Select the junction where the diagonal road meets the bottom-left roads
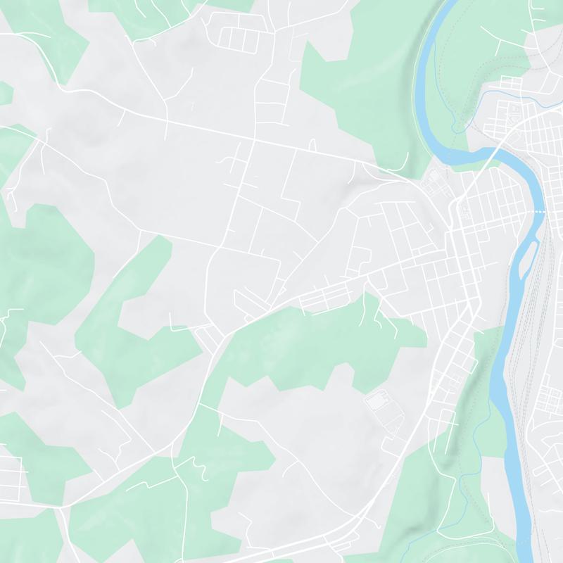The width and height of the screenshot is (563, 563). point(62,505)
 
